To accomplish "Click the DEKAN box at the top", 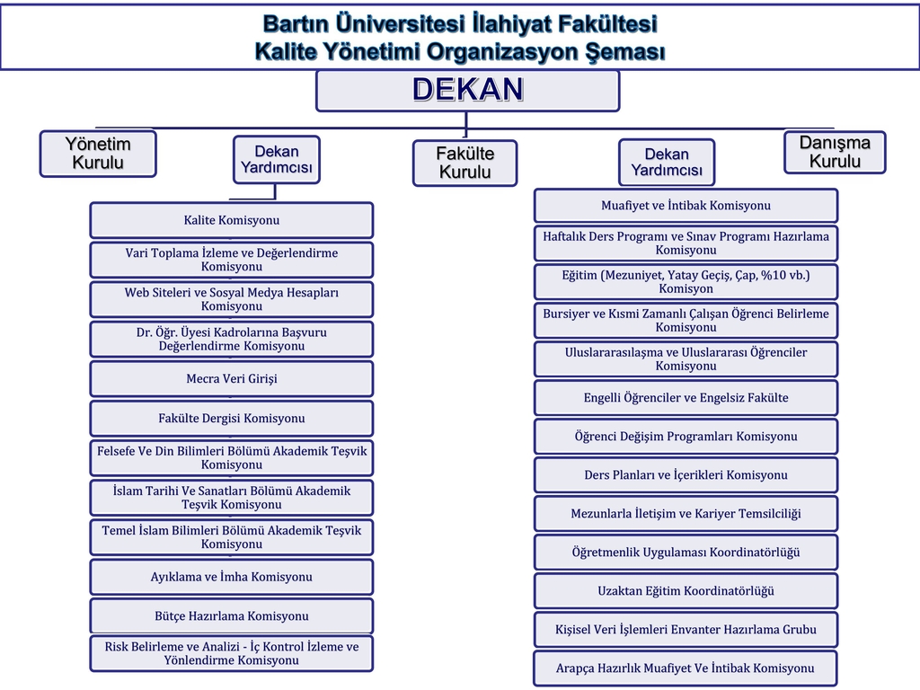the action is (x=467, y=91).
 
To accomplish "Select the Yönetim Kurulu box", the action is (x=98, y=153).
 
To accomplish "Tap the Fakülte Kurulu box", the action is (x=464, y=164).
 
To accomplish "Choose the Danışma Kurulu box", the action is (x=835, y=152).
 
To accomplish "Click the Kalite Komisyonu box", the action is (x=231, y=220).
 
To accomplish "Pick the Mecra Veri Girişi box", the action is (x=231, y=378).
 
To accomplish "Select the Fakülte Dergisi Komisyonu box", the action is (x=231, y=419).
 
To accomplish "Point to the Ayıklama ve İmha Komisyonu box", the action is (x=231, y=577).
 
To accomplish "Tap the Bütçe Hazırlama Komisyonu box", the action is (x=231, y=616).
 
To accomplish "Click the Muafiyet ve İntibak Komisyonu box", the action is (x=686, y=206).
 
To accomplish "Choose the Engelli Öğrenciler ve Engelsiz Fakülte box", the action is (x=686, y=398).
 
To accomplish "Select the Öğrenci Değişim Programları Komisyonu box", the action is (x=686, y=437).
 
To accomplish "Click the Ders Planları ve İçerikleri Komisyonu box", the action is (x=686, y=475).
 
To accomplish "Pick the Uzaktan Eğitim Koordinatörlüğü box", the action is (x=686, y=591).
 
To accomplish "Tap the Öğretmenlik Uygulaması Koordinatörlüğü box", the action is (x=686, y=553).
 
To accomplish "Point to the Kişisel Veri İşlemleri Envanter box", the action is (x=686, y=630).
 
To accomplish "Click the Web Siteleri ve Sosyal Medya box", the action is (x=231, y=299).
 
